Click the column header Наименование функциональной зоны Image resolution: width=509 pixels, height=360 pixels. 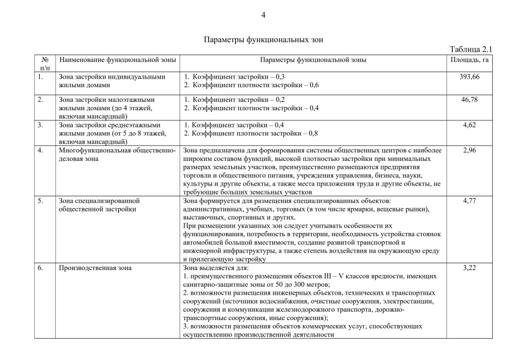pos(118,59)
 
